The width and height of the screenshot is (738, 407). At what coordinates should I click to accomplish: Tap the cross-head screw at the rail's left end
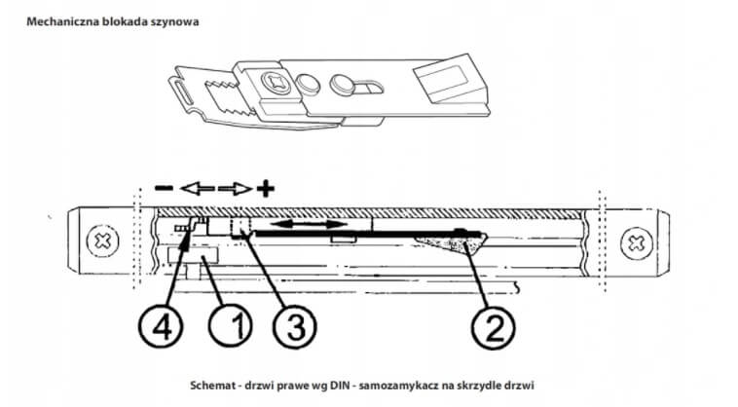(x=100, y=240)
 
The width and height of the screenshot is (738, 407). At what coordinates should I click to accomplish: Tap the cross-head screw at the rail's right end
(x=636, y=240)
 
